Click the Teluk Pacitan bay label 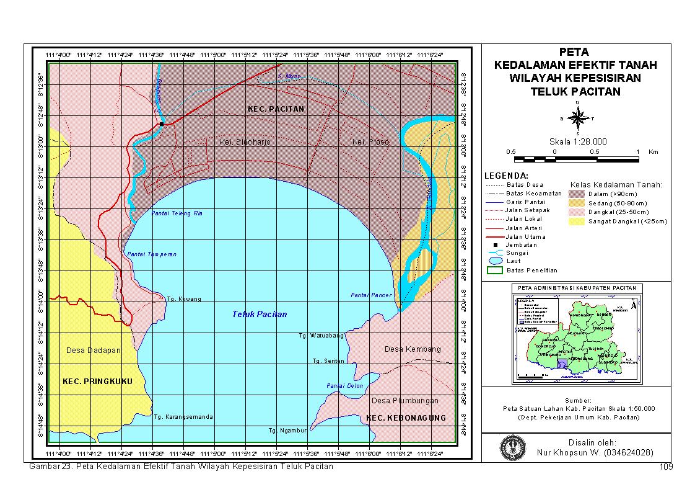coord(260,314)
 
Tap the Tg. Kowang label coord(184,299)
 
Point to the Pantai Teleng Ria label coord(177,213)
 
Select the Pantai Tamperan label coord(152,254)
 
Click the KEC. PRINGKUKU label coord(98,381)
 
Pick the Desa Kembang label coord(413,349)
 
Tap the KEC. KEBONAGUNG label coord(406,418)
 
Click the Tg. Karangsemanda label coord(183,417)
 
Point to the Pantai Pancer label coord(371,295)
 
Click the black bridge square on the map coord(161,124)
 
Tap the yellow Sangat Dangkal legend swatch coord(577,221)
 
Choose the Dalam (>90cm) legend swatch coord(577,194)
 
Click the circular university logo coord(511,447)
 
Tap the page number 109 coord(667,467)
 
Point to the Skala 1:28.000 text coord(577,142)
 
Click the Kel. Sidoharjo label coord(245,142)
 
